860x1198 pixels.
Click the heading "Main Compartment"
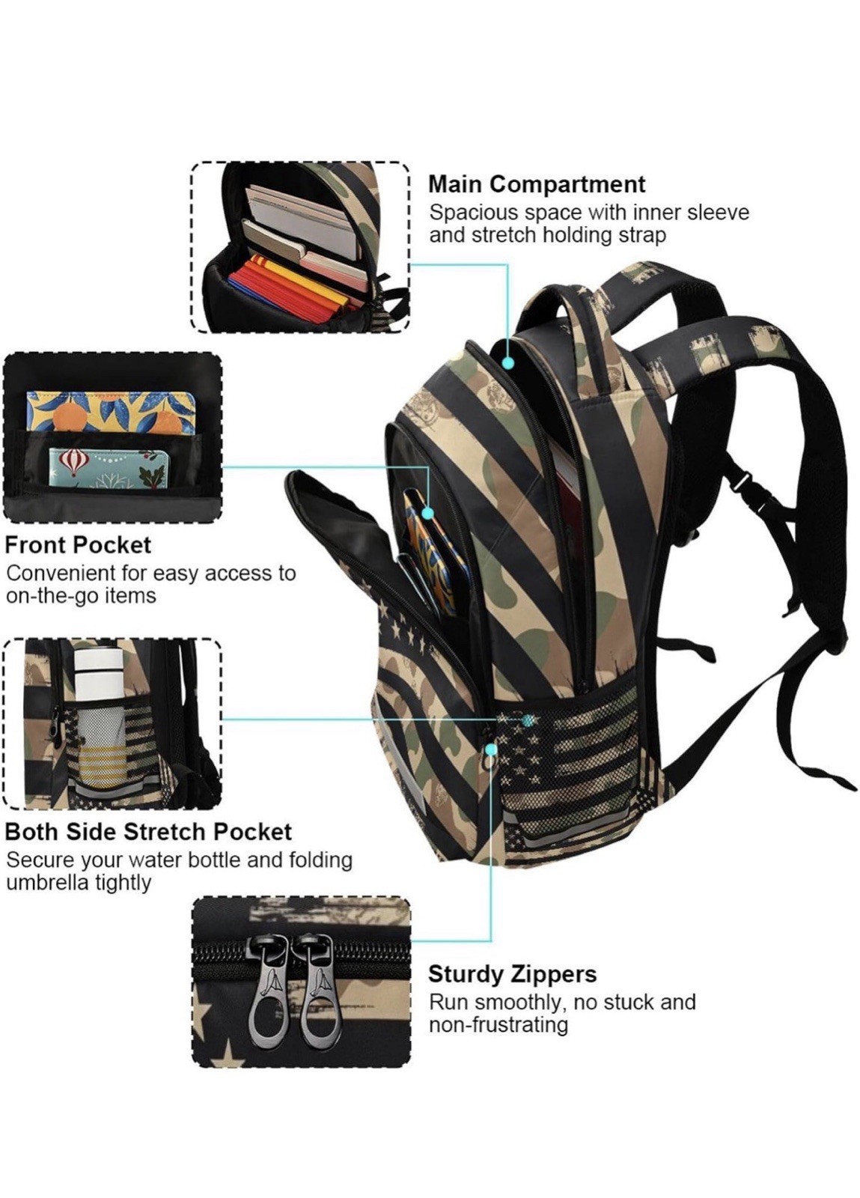tap(537, 184)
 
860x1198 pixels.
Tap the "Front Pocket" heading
tap(78, 545)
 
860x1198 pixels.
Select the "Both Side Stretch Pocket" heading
tap(149, 832)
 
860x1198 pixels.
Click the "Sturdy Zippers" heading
tap(512, 974)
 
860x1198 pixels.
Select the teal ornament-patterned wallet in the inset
tap(109, 469)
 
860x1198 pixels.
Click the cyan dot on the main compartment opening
tap(508, 363)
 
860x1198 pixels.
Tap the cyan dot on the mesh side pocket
tap(528, 720)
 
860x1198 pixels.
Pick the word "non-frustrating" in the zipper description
tap(498, 1025)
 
